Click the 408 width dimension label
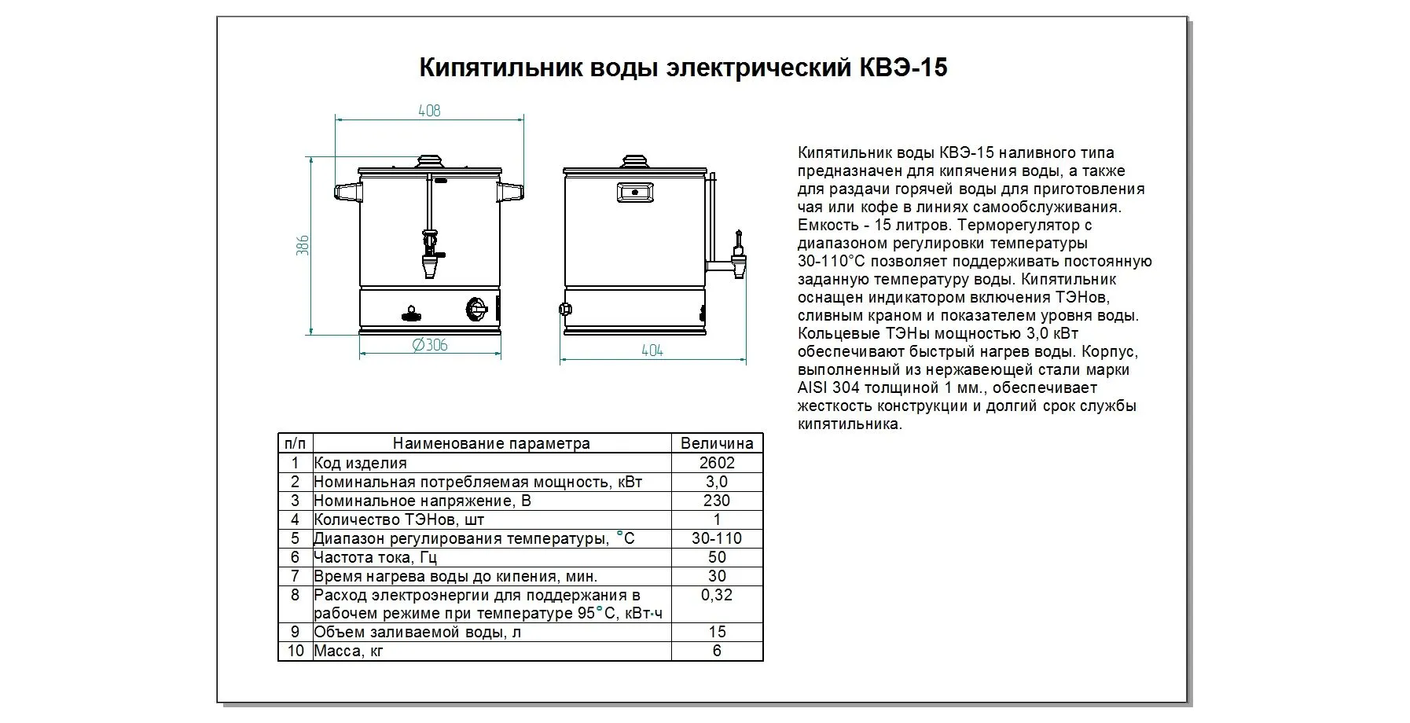[x=429, y=111]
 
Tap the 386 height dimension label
[x=303, y=245]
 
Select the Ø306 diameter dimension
[x=430, y=345]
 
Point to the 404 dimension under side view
[x=652, y=350]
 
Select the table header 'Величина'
[x=716, y=443]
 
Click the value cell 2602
[x=716, y=463]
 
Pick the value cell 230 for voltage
[x=716, y=501]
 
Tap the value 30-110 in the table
[x=716, y=538]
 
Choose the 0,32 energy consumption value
[x=716, y=595]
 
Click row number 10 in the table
[x=295, y=651]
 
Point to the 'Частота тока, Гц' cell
[x=375, y=557]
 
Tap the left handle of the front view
[x=347, y=191]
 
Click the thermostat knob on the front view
[x=477, y=309]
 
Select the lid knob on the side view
[x=635, y=162]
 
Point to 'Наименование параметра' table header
[x=491, y=443]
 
